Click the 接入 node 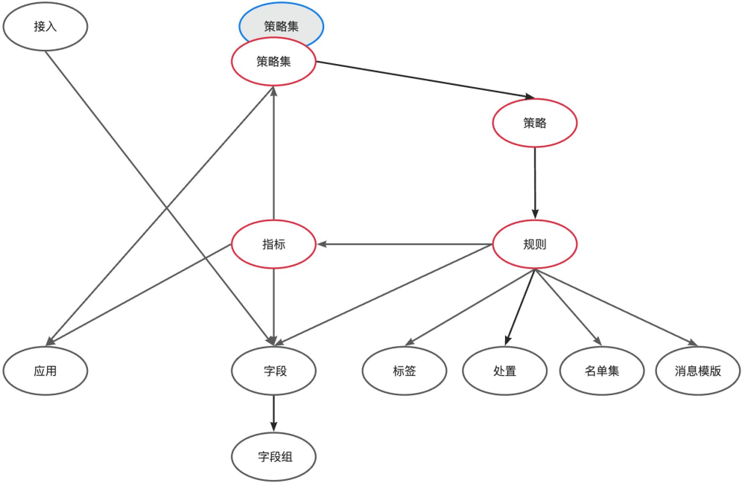45,27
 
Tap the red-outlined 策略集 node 273,62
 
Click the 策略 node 534,124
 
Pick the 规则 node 534,244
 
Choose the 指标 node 273,244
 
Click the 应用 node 45,370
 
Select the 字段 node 273,370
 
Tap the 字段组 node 273,456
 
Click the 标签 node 404,370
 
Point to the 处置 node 504,370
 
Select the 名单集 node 601,370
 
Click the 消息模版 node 698,370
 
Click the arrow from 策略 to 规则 535,182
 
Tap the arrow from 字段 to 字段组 273,413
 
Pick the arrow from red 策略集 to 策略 425,80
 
